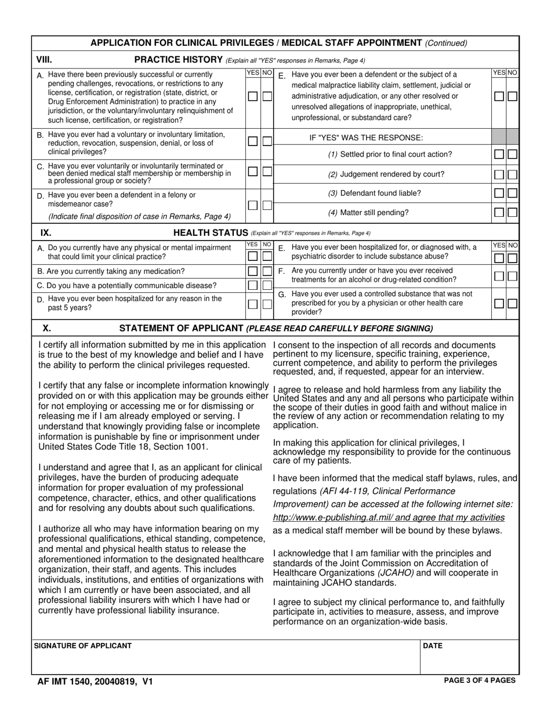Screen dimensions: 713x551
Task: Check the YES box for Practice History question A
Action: click(253, 97)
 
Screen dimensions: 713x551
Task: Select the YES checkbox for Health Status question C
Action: click(253, 285)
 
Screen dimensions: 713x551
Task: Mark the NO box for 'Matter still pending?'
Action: click(512, 212)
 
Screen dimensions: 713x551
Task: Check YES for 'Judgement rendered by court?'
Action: click(499, 174)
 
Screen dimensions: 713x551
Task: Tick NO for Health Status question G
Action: click(512, 303)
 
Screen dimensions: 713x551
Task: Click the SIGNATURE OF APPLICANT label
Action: click(83, 646)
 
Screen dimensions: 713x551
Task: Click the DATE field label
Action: click(433, 646)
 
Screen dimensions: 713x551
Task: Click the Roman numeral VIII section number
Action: click(44, 59)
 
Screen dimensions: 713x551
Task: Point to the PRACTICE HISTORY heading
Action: click(179, 59)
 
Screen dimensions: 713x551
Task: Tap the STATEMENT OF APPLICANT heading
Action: click(180, 328)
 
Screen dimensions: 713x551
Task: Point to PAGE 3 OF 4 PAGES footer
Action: click(479, 681)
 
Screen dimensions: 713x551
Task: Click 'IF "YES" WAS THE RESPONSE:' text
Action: click(366, 138)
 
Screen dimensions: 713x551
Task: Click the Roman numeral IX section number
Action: click(46, 233)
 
